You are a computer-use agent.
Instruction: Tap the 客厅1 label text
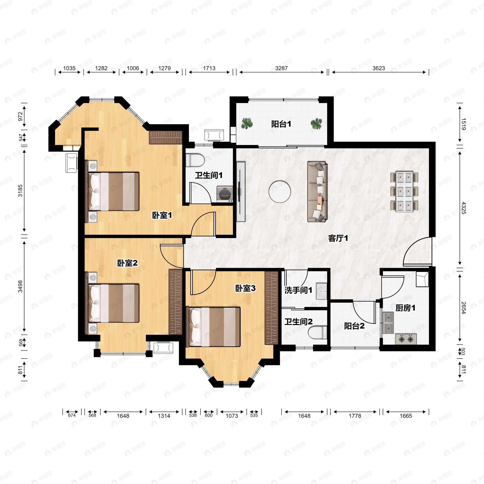[338, 238]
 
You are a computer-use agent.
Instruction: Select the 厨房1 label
[405, 308]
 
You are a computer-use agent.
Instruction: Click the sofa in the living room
[317, 192]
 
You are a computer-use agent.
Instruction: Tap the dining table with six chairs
[404, 192]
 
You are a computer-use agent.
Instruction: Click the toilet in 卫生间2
[317, 332]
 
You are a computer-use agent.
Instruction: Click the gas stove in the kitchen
[406, 339]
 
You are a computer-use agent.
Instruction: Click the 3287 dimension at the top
[281, 68]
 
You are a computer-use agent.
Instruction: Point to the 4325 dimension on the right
[463, 208]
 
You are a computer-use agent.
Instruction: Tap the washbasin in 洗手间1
[321, 291]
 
